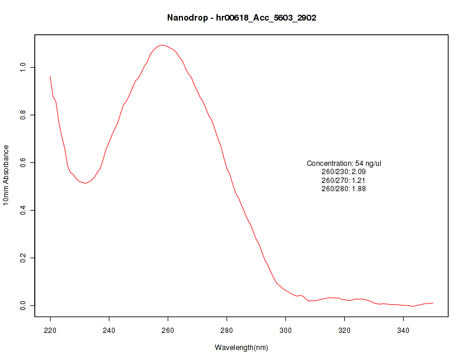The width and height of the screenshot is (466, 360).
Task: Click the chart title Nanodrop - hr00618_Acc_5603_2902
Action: coord(242,18)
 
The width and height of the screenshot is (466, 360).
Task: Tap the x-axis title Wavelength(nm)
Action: coord(241,348)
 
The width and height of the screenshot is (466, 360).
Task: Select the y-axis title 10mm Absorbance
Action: coord(6,175)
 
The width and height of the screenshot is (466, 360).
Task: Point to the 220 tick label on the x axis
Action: coord(50,331)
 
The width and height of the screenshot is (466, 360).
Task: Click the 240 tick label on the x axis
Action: coord(109,331)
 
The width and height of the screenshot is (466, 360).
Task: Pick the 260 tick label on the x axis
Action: coord(168,331)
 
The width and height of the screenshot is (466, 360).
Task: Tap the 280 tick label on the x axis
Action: coord(227,331)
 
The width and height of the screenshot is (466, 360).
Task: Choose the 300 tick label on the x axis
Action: coord(285,331)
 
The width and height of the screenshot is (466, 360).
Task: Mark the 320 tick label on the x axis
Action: coord(344,331)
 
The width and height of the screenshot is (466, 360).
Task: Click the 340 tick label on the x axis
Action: coord(403,331)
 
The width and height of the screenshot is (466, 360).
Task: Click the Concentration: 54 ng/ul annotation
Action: coord(344,163)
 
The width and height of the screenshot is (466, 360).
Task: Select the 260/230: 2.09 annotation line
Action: coord(344,172)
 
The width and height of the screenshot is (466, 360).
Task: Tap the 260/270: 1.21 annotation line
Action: coord(344,180)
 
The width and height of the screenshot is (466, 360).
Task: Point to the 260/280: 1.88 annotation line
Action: coord(344,189)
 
